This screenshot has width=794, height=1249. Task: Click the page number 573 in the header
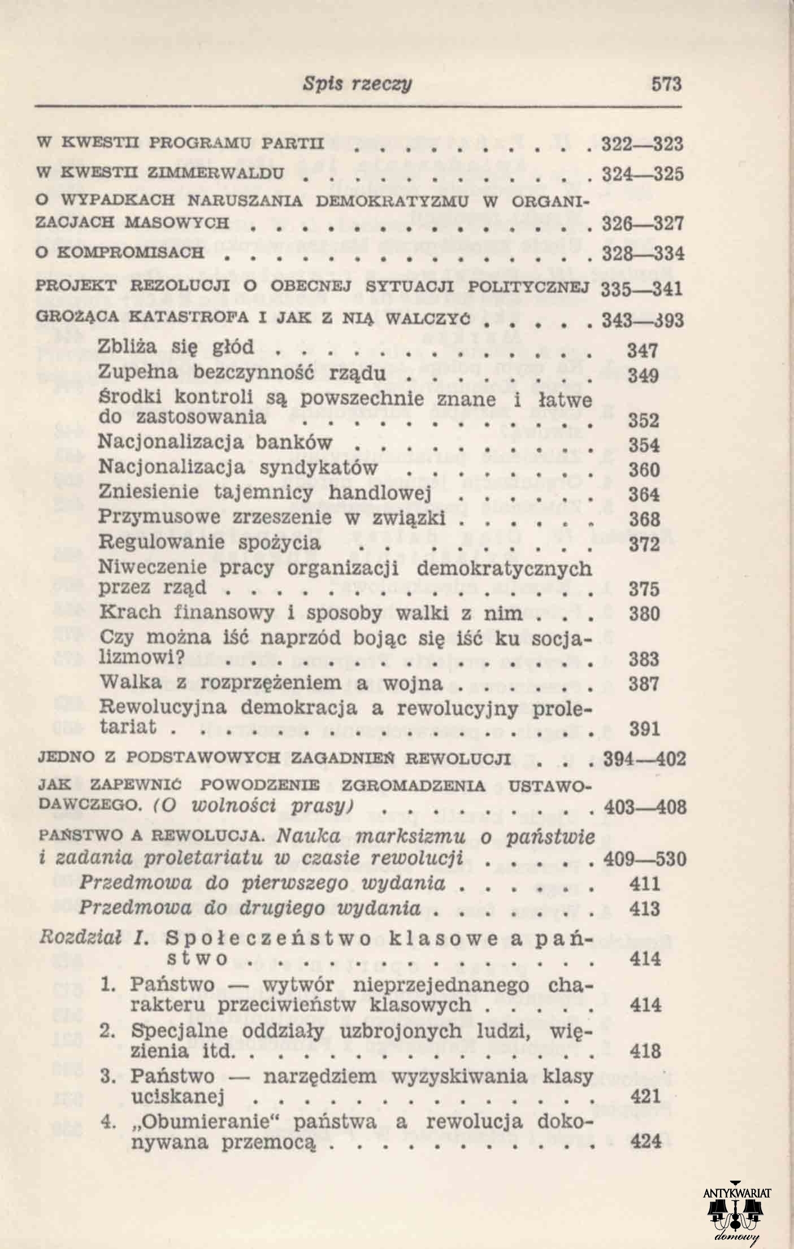click(x=667, y=84)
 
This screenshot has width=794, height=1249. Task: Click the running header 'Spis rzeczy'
click(x=357, y=84)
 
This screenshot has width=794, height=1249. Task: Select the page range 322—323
click(x=642, y=145)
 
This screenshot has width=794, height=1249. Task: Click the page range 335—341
click(x=642, y=289)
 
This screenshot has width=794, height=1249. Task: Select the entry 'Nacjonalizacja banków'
click(x=215, y=441)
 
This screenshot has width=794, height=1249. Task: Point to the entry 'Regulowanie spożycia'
click(x=210, y=542)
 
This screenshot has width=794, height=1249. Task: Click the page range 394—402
click(x=645, y=758)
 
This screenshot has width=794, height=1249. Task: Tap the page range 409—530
click(x=645, y=859)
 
